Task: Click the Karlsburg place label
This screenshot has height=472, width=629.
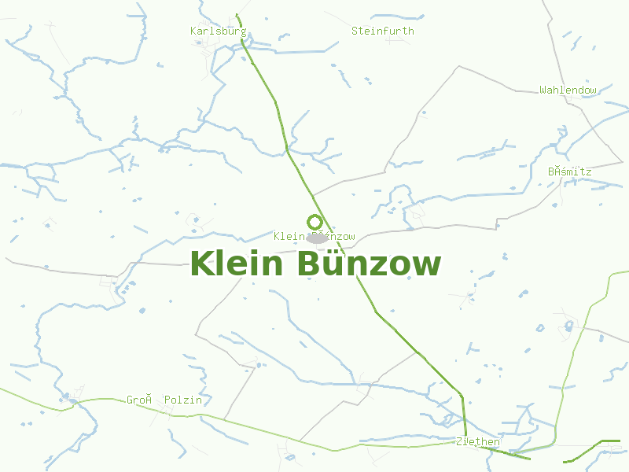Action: pyautogui.click(x=218, y=31)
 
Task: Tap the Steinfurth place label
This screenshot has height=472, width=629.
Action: pyautogui.click(x=382, y=31)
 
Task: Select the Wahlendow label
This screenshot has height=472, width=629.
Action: pyautogui.click(x=568, y=90)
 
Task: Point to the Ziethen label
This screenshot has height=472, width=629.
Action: pyautogui.click(x=477, y=441)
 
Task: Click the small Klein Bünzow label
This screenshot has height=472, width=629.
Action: pyautogui.click(x=314, y=236)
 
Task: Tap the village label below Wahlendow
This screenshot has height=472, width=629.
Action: pyautogui.click(x=569, y=171)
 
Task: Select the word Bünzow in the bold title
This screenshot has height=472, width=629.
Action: pyautogui.click(x=369, y=264)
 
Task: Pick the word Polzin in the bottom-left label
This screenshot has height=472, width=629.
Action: pyautogui.click(x=182, y=400)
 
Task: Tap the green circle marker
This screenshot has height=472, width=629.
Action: pyautogui.click(x=314, y=223)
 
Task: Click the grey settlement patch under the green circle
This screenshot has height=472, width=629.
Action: pyautogui.click(x=318, y=238)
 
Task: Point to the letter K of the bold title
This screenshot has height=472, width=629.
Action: pyautogui.click(x=202, y=264)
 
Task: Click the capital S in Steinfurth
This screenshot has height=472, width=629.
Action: pyautogui.click(x=355, y=31)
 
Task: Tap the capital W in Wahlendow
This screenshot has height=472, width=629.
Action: pyautogui.click(x=543, y=90)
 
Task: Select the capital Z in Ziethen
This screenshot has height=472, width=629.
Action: pyautogui.click(x=459, y=441)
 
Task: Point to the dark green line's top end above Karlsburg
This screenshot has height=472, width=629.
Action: pyautogui.click(x=237, y=15)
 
